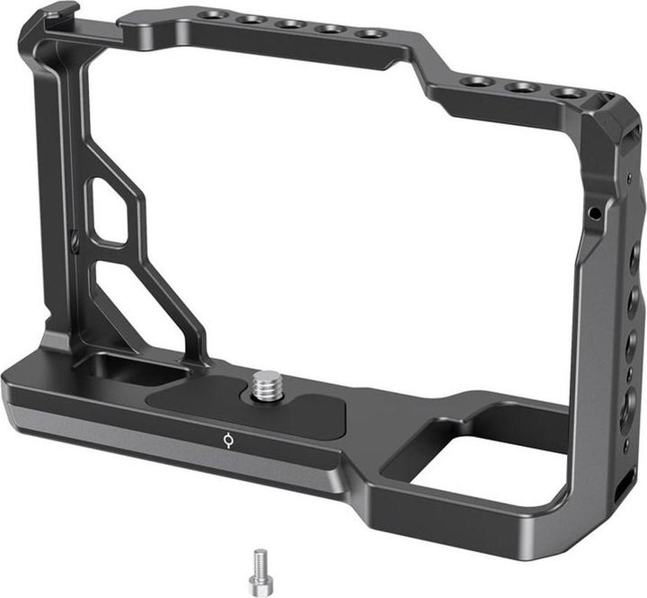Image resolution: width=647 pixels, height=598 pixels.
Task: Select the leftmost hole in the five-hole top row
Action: [213, 15]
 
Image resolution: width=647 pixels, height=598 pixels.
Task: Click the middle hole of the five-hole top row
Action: [290, 24]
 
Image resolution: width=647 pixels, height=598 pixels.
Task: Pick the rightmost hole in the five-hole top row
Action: [368, 34]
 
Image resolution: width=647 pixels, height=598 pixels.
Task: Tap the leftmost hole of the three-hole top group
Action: [478, 81]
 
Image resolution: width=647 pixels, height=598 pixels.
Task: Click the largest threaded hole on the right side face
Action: [626, 405]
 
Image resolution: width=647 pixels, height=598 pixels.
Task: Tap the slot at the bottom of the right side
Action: [623, 491]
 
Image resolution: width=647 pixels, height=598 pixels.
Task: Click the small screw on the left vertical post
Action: [75, 240]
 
